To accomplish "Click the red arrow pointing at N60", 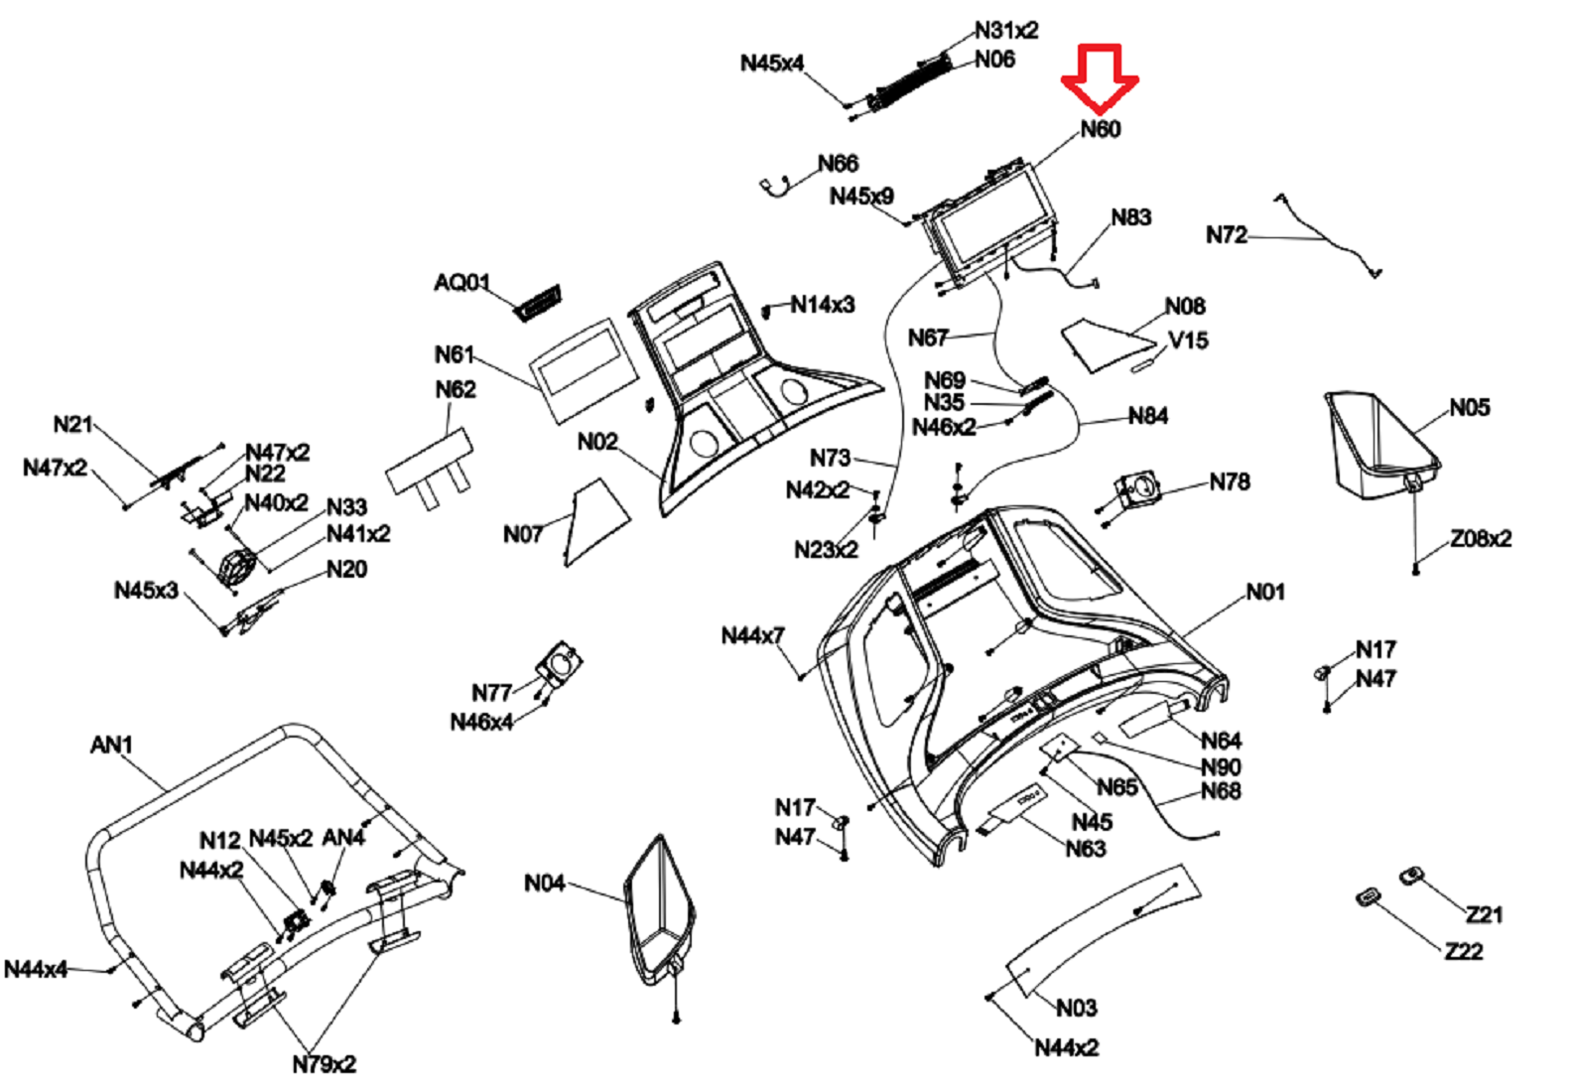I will point(1100,76).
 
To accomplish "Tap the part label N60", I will point(1100,129).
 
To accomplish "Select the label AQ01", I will point(461,283).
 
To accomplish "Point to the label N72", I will point(1226,235).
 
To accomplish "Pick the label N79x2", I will point(324,1064).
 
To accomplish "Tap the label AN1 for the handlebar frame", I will point(111,745).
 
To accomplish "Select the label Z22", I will point(1464,951).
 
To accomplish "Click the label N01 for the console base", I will point(1265,592).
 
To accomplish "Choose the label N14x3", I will point(822,305).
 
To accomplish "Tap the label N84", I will point(1147,416).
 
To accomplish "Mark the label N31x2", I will point(1005,31).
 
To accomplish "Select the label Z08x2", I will point(1481,538).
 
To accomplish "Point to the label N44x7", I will point(752,635).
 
